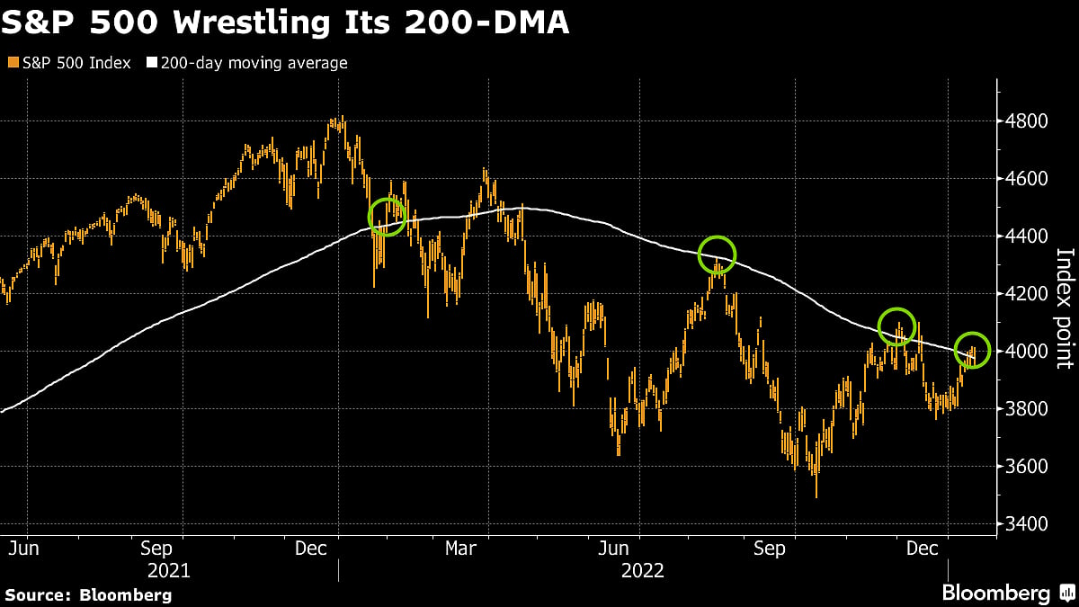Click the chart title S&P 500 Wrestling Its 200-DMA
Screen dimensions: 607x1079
point(285,23)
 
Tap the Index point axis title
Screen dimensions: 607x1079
point(1063,308)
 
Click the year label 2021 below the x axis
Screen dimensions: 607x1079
point(168,570)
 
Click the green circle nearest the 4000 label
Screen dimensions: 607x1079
point(972,350)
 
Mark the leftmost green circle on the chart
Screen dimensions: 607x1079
point(388,217)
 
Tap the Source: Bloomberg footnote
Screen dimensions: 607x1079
point(88,594)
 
